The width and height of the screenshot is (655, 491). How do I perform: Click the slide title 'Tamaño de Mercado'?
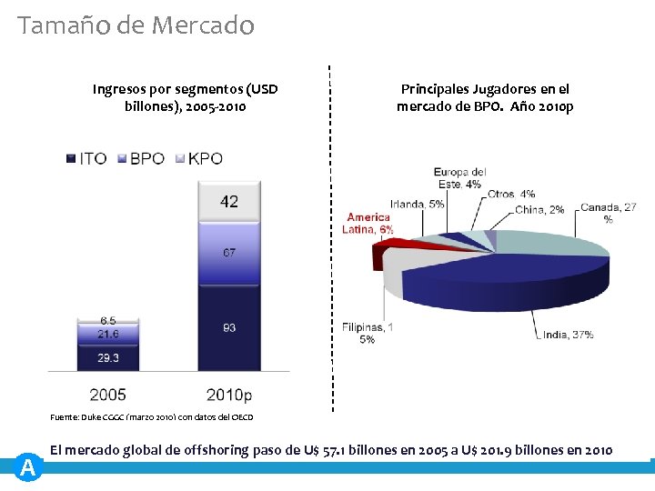click(136, 25)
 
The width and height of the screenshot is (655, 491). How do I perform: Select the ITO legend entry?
click(86, 158)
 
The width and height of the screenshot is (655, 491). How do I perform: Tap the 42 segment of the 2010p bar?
click(228, 201)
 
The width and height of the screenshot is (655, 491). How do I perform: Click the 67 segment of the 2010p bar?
click(228, 253)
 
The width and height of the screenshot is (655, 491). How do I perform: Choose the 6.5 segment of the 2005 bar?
click(108, 321)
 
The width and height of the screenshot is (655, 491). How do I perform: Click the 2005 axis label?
click(107, 395)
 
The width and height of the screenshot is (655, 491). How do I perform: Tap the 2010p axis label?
click(229, 395)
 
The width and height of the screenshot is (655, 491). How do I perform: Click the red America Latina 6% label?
click(369, 224)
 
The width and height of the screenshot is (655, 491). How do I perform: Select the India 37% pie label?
click(568, 335)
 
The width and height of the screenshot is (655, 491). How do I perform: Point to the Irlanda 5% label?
click(418, 204)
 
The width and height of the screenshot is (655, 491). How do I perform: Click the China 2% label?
click(539, 209)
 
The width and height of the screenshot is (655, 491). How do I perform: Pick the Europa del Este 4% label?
click(459, 178)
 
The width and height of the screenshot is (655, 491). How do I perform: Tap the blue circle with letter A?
click(28, 467)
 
